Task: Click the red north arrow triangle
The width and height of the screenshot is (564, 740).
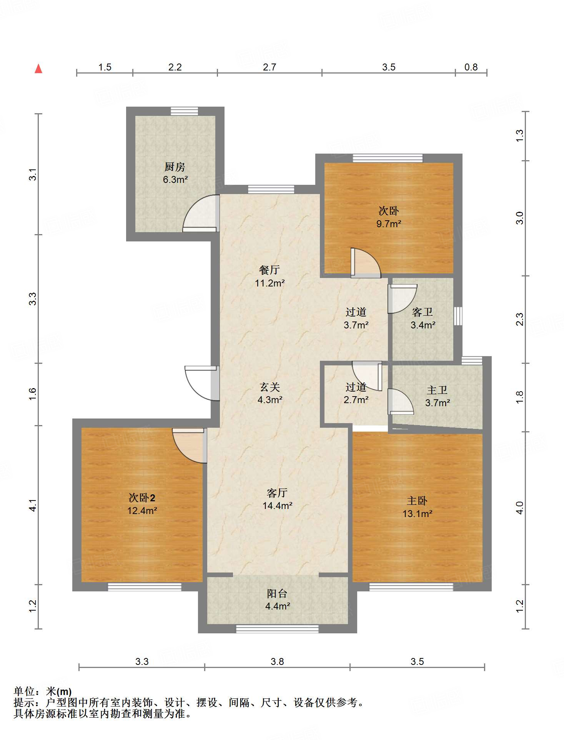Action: [38, 69]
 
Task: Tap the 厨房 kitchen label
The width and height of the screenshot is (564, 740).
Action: [175, 167]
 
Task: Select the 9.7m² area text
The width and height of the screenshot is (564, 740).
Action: [389, 224]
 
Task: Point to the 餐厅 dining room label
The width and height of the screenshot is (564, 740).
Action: [270, 270]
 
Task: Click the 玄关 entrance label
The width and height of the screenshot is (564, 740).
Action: [270, 387]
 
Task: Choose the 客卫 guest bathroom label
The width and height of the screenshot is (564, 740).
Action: [423, 312]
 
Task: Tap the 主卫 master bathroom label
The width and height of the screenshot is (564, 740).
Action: [437, 390]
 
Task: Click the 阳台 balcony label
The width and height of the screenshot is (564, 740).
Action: [277, 594]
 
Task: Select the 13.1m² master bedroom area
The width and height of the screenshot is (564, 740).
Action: [417, 514]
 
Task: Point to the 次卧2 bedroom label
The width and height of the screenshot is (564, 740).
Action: [142, 498]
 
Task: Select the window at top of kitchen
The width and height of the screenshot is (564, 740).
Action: [185, 111]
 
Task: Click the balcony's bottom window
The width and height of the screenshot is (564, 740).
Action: [277, 629]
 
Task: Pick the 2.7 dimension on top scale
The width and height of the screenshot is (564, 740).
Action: [270, 67]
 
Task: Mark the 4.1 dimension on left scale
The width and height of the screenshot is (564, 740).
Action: [33, 505]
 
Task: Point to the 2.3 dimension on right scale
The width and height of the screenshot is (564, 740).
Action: [519, 319]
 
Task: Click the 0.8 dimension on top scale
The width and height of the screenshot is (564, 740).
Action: [471, 67]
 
